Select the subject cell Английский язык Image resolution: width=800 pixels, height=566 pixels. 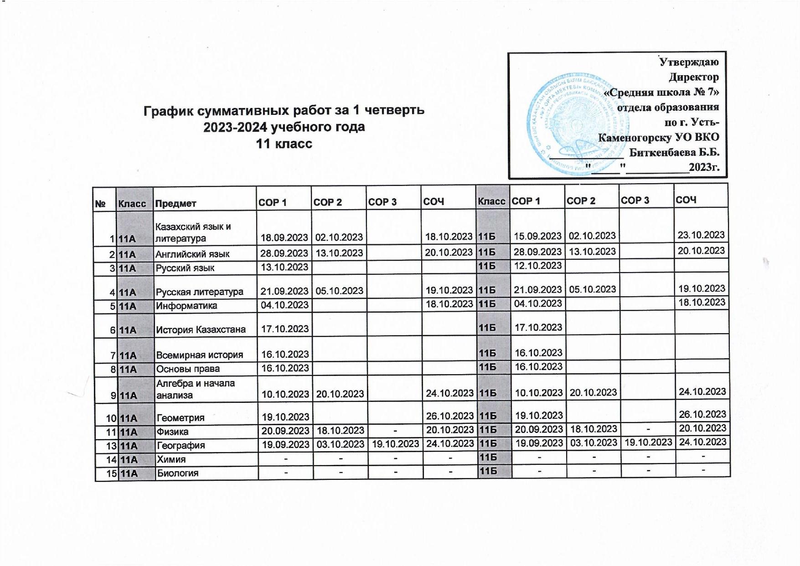point(193,254)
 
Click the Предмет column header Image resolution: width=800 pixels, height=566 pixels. point(175,203)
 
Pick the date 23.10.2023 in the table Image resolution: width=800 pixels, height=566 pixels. point(701,235)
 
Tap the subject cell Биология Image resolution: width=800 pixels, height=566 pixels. point(177,473)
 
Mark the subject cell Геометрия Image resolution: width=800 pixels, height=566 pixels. point(181,417)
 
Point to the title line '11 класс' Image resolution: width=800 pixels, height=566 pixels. point(284,144)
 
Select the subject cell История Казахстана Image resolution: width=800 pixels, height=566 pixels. point(201,329)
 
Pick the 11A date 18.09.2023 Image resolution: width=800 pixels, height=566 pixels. point(284,237)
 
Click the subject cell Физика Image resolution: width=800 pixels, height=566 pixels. point(172,431)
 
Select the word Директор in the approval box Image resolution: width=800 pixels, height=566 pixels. point(694,77)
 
